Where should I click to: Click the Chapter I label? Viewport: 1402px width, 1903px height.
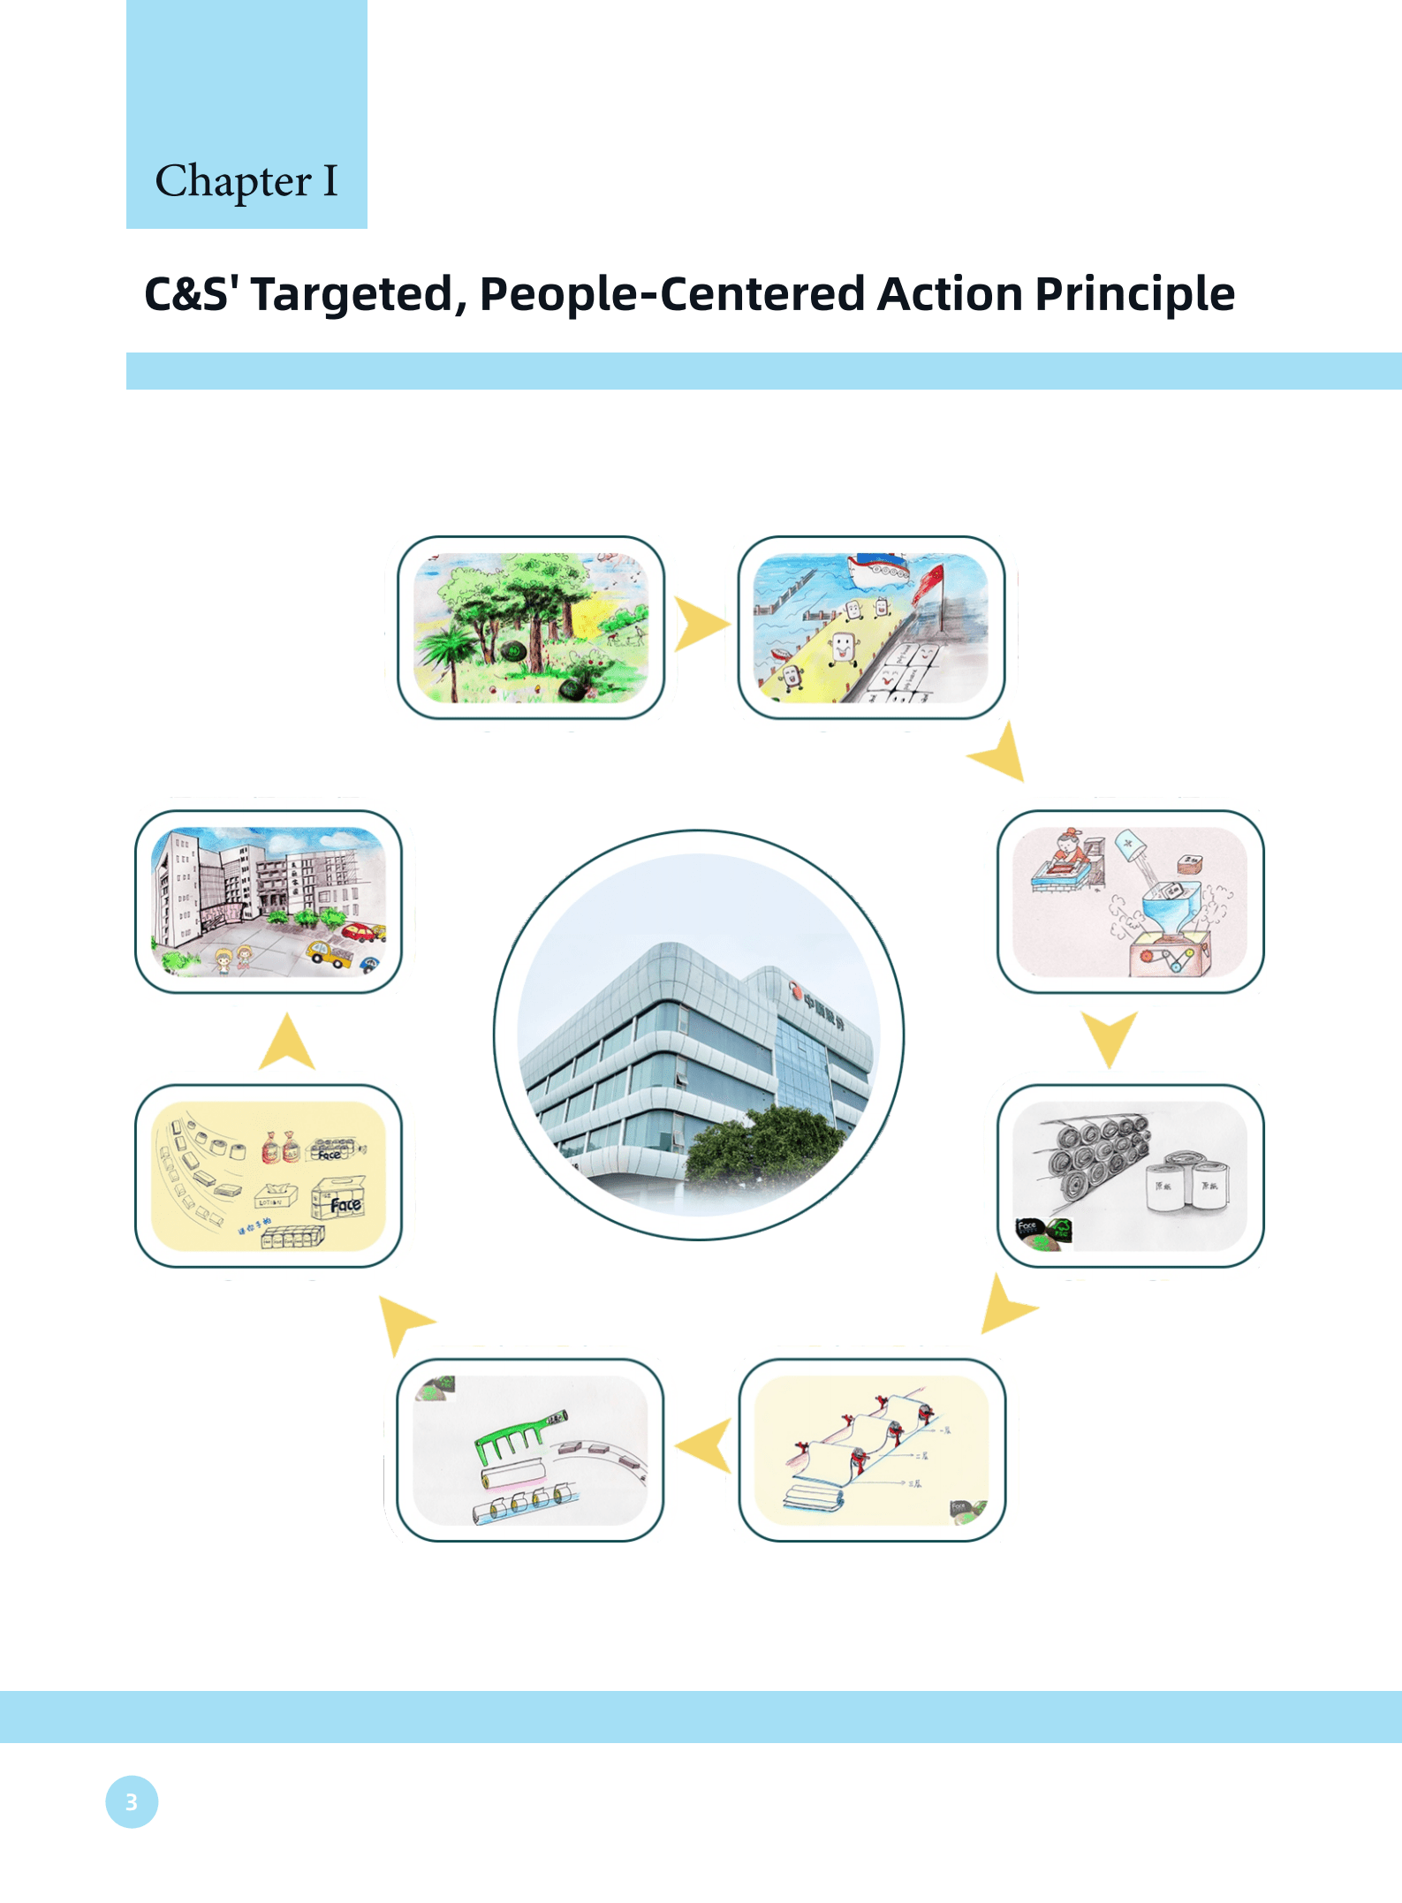[x=246, y=181]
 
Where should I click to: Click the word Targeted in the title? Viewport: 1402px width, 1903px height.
[x=352, y=294]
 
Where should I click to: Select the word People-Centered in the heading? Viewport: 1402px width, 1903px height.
[x=671, y=294]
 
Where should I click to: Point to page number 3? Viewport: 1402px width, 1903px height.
[x=132, y=1802]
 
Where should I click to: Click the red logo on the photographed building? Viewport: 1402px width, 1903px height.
[x=795, y=995]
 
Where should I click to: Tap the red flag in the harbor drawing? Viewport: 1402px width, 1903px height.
[x=928, y=583]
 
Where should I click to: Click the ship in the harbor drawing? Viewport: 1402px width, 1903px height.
[x=878, y=569]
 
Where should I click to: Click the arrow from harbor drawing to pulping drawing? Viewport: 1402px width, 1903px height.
[x=1001, y=754]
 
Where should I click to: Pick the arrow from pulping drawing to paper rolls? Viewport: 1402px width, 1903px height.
[x=1110, y=1037]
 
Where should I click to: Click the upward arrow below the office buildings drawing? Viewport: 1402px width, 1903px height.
[x=287, y=1043]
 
